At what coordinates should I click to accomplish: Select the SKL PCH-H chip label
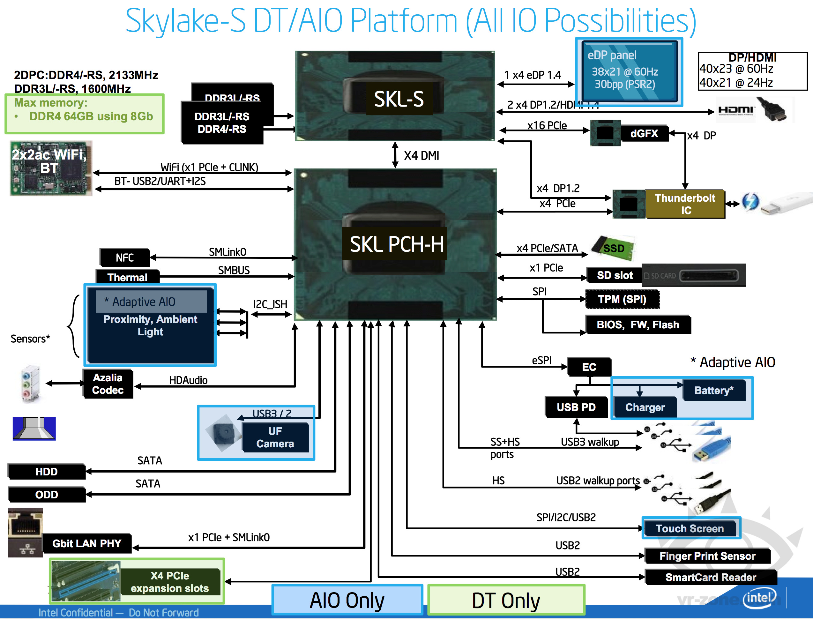tap(396, 244)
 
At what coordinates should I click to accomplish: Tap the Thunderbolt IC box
tap(685, 204)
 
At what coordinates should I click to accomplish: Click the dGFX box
tap(644, 133)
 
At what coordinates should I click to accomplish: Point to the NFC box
tap(124, 257)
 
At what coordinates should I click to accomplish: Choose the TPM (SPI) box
tap(622, 299)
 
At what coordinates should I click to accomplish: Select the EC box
tap(589, 367)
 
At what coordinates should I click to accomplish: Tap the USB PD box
tap(576, 407)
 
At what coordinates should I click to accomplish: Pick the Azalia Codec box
tap(108, 384)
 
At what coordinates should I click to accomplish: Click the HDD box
tap(46, 472)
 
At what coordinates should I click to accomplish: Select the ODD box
tap(46, 495)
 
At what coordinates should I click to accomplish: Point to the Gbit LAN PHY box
tap(87, 543)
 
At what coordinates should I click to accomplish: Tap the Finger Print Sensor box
tap(707, 556)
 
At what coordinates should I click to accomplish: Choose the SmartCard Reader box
tap(711, 578)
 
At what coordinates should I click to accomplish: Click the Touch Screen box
tap(690, 528)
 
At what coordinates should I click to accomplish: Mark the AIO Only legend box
tap(347, 600)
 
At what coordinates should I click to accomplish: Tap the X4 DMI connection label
tap(421, 156)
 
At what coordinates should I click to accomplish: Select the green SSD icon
tap(613, 248)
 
